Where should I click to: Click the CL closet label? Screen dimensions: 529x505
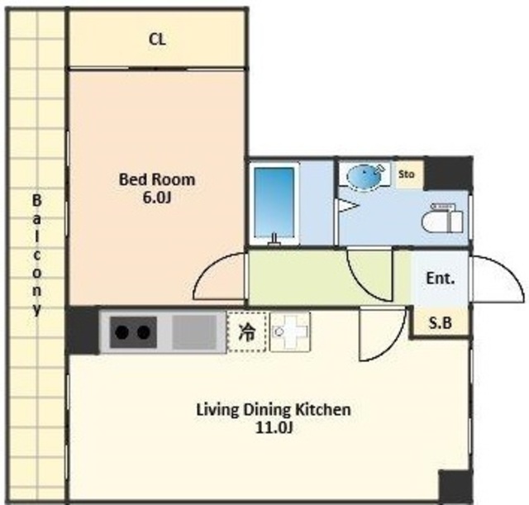tap(157, 40)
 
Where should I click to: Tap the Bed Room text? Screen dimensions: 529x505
tap(157, 179)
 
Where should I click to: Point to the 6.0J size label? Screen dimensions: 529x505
tap(157, 198)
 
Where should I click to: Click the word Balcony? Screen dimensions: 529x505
tap(36, 255)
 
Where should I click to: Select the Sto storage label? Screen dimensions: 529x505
tap(406, 174)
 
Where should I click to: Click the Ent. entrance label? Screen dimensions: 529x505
tap(441, 279)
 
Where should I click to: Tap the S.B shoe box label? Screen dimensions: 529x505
tap(440, 323)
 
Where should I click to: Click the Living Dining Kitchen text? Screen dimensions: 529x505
tap(274, 410)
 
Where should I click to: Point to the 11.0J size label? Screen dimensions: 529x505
tap(274, 428)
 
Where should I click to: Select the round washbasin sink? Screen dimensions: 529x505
tap(365, 175)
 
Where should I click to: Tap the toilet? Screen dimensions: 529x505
tap(442, 217)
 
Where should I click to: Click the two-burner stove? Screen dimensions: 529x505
tap(133, 332)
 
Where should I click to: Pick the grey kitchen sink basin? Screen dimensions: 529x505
tap(195, 332)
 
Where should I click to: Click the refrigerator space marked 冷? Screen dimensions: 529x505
tap(247, 332)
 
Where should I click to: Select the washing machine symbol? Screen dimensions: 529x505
tap(290, 332)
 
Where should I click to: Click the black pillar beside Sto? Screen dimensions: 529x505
tap(448, 174)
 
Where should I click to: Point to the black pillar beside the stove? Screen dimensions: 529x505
tap(83, 331)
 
